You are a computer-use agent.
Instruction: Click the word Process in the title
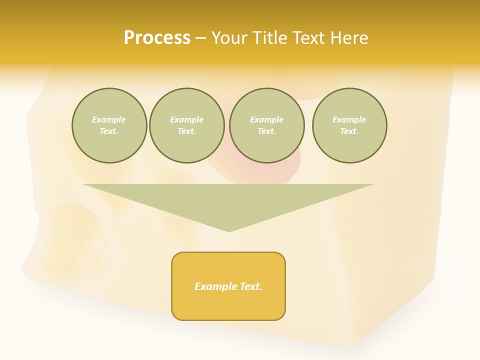coord(157,38)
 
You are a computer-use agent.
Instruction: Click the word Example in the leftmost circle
coord(109,119)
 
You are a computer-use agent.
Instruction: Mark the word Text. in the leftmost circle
coord(109,131)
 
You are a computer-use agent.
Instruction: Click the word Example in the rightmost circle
coord(349,119)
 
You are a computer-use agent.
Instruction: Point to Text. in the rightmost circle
coord(349,131)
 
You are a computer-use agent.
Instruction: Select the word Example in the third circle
coord(266,119)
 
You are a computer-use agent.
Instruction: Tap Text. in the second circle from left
coord(186,131)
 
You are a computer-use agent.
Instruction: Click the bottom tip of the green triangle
coord(229,230)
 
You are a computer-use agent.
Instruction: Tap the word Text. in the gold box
coord(250,286)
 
